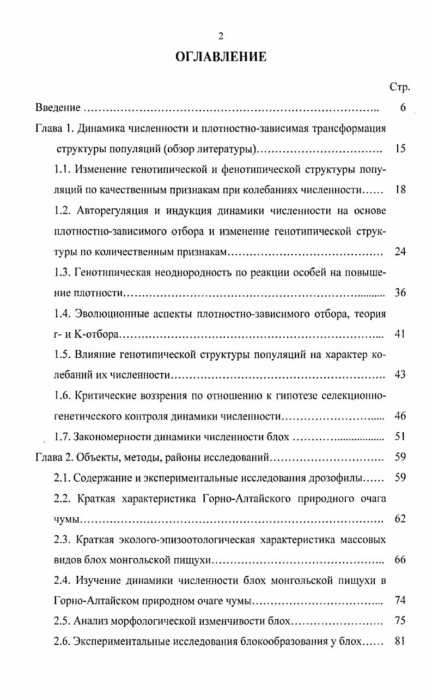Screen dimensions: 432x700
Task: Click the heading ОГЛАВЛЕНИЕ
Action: [221, 56]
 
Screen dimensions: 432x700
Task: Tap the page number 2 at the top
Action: [221, 37]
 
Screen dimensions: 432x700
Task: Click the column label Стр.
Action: [400, 87]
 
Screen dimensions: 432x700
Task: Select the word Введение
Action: [58, 108]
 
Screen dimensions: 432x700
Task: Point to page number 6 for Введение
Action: [402, 108]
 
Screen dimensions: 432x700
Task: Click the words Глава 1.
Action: [54, 129]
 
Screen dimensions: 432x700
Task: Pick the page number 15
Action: [400, 149]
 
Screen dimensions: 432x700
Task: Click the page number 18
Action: [400, 190]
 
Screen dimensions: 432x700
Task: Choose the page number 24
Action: [400, 252]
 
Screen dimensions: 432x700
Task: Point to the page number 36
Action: [400, 292]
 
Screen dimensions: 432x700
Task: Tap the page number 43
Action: [400, 375]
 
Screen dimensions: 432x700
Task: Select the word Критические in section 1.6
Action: [104, 396]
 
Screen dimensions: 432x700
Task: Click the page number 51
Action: [400, 436]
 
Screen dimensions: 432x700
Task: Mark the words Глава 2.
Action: [54, 457]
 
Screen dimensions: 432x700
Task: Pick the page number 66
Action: [400, 560]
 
